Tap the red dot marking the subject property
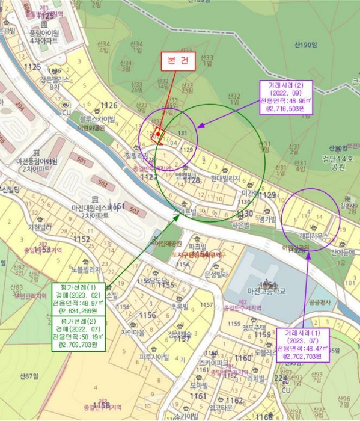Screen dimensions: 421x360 [x=157, y=133]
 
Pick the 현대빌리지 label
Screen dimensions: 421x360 [x=225, y=179]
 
